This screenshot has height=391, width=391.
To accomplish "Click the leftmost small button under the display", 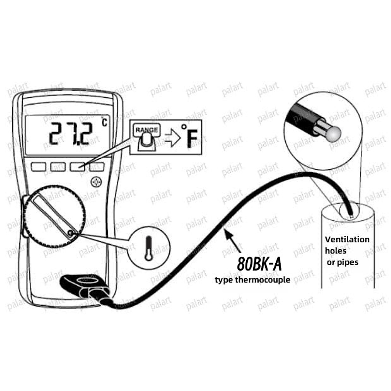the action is click(x=38, y=167).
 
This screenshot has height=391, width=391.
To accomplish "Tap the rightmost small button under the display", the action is click(x=97, y=167).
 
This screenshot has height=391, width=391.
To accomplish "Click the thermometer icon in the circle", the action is click(x=149, y=249).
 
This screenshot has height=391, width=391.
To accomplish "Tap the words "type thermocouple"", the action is click(x=252, y=280).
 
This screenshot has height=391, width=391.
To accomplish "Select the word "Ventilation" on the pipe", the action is click(x=347, y=240).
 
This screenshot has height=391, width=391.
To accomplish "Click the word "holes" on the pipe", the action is click(x=336, y=251).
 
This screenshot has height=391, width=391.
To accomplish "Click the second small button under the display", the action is click(x=58, y=167).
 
